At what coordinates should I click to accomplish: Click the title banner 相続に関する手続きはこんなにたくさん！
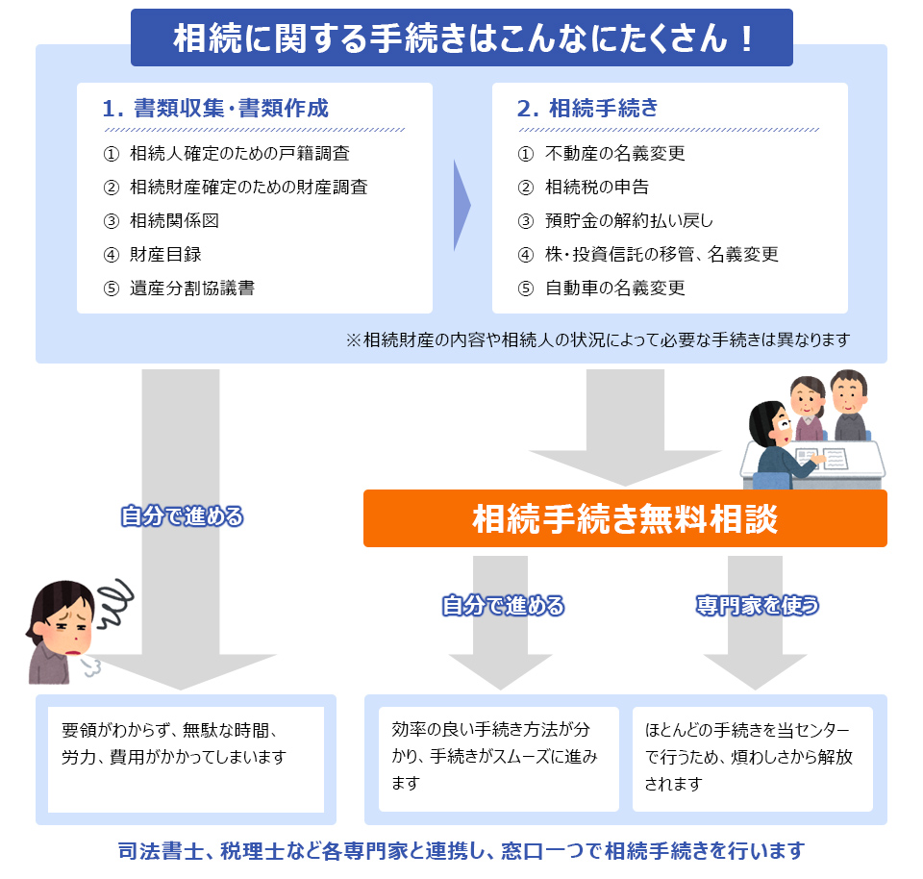click(x=461, y=38)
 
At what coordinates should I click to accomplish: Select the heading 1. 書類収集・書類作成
click(x=215, y=109)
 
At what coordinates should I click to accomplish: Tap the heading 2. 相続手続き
click(x=587, y=109)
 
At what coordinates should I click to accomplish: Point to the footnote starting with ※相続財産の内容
click(x=598, y=339)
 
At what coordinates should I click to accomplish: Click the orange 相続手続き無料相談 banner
click(x=625, y=518)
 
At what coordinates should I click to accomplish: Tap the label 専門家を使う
click(x=757, y=605)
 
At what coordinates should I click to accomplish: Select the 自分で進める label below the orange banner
click(x=503, y=605)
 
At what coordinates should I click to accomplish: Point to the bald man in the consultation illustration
click(x=849, y=405)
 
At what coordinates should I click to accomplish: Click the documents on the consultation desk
click(x=821, y=458)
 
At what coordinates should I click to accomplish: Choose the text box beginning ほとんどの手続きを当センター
click(x=752, y=759)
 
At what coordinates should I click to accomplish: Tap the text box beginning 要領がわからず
click(x=186, y=760)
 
